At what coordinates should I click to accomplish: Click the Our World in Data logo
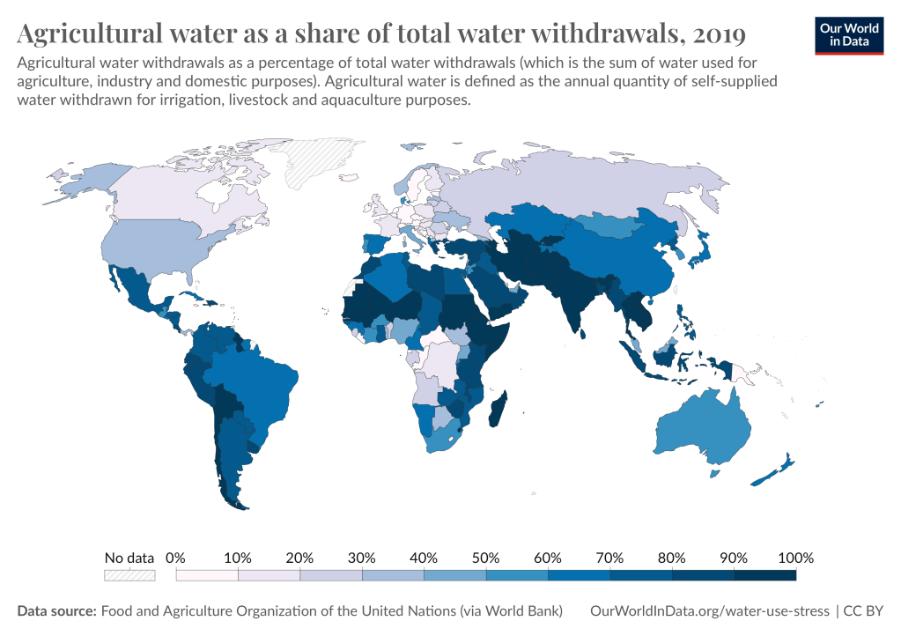click(850, 34)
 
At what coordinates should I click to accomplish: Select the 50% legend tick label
click(485, 558)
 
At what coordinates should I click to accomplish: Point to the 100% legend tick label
click(795, 558)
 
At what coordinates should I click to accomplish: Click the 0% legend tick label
click(175, 558)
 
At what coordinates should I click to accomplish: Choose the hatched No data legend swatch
click(129, 575)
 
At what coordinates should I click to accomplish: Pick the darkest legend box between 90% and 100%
click(764, 575)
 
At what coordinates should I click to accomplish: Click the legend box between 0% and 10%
click(207, 575)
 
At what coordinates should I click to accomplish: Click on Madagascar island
click(499, 412)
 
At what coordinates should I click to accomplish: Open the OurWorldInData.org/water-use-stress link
click(709, 610)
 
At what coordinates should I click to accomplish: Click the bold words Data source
click(56, 610)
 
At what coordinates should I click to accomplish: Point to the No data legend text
click(129, 558)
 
